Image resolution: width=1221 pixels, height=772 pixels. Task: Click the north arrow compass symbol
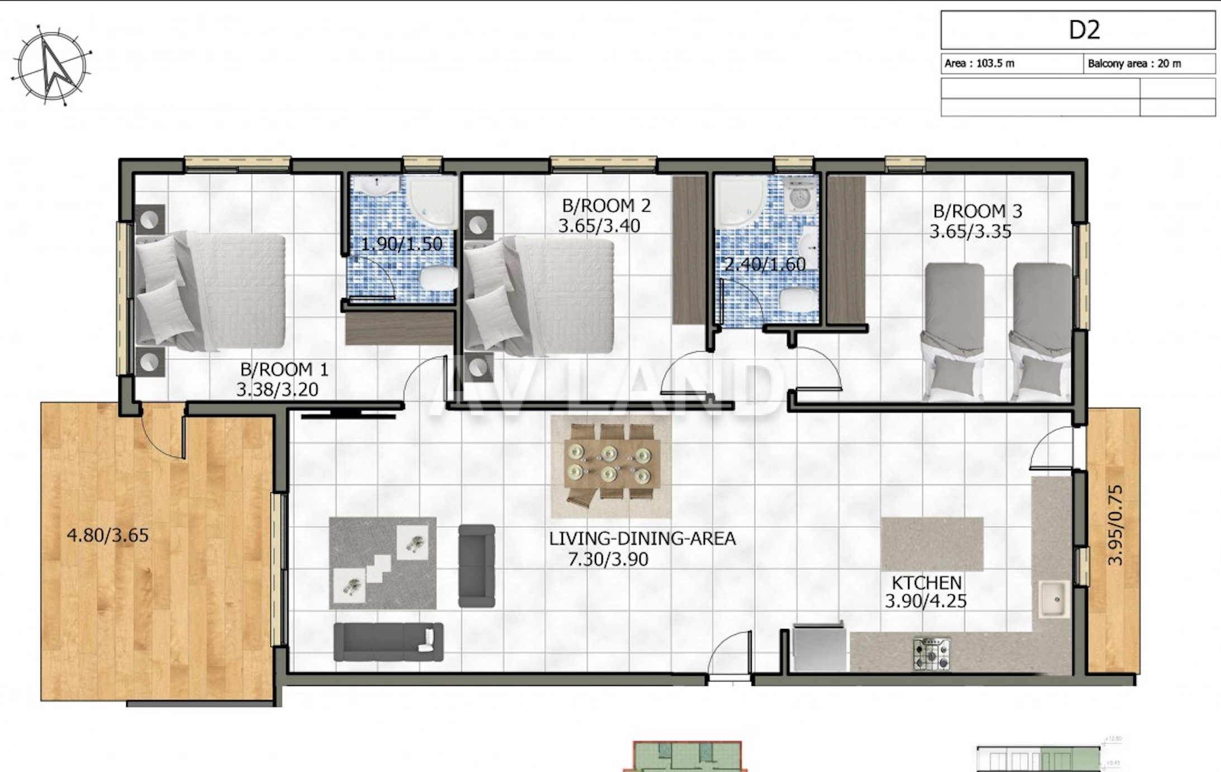(51, 66)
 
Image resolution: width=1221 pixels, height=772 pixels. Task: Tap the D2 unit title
(1084, 30)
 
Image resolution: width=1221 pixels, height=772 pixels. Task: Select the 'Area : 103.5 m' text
(979, 63)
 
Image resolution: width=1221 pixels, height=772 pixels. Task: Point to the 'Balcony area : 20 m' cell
(1149, 64)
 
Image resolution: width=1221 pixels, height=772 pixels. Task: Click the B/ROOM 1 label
(284, 369)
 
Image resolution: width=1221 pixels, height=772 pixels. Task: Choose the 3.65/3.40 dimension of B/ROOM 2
(599, 226)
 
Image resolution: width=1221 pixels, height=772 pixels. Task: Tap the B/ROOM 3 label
(977, 211)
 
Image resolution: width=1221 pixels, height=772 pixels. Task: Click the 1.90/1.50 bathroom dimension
(402, 244)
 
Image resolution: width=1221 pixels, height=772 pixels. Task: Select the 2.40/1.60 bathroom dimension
(765, 264)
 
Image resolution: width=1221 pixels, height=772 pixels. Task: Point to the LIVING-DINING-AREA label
(642, 539)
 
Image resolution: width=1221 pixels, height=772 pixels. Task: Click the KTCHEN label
(927, 583)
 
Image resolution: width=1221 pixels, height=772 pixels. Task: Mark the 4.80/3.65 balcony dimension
(108, 535)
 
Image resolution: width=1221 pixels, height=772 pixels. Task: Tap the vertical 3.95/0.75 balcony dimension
(1114, 525)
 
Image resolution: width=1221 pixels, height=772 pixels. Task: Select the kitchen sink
(1055, 599)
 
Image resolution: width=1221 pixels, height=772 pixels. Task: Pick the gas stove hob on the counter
(931, 654)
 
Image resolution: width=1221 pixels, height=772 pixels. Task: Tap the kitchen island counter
(932, 544)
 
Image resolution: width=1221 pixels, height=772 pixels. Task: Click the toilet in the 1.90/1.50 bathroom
(438, 278)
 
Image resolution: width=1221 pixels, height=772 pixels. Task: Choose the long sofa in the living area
(388, 642)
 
